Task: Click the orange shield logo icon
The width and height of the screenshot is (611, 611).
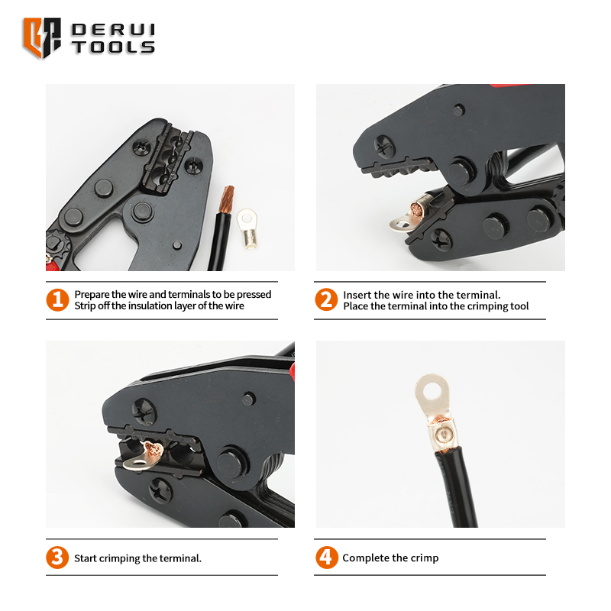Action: [x=42, y=37]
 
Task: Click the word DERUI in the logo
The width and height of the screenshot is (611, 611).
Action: [x=113, y=30]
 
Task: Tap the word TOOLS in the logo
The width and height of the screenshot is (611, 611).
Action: [x=113, y=47]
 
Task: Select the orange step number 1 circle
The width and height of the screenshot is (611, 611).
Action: [x=57, y=300]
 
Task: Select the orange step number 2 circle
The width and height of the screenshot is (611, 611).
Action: [x=326, y=300]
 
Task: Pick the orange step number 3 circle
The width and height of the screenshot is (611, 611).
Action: [x=57, y=558]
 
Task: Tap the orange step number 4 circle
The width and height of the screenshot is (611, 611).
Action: [x=327, y=558]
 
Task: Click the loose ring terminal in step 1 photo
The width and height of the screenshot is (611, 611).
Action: [x=247, y=228]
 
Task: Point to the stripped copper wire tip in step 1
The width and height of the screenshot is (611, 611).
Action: [x=226, y=199]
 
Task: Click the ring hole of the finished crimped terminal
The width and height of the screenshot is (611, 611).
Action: [x=431, y=390]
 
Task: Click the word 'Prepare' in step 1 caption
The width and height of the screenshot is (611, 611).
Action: [x=92, y=295]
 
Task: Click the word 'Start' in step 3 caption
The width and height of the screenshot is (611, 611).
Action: [x=86, y=558]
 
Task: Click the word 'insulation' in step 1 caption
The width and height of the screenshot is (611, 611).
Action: [x=150, y=306]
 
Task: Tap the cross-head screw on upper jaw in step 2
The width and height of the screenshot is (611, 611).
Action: [x=384, y=147]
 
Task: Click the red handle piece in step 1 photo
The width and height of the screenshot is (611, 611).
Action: [x=52, y=266]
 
